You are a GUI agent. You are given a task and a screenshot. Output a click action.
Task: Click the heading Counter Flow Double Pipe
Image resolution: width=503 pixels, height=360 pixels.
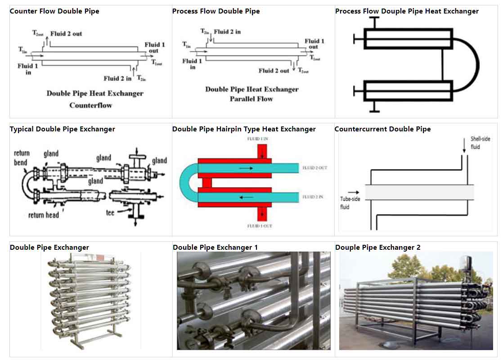[x=54, y=11]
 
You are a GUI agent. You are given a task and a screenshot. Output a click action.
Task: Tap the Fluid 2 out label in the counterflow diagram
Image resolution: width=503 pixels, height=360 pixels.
[x=66, y=34]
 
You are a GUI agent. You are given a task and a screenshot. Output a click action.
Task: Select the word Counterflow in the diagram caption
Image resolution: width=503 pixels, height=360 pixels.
[x=90, y=105]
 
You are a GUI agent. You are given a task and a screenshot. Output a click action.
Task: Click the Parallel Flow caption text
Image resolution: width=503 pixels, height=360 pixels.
[x=251, y=99]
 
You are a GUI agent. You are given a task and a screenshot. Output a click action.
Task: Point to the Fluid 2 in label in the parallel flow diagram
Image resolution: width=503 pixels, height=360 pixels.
[x=227, y=32]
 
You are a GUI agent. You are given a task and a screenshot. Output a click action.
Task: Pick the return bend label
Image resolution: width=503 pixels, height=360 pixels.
[x=21, y=158]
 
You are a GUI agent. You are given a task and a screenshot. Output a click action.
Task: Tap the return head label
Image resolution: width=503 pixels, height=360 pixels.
[x=43, y=215]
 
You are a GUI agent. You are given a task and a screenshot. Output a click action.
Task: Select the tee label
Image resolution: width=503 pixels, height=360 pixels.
[x=110, y=212]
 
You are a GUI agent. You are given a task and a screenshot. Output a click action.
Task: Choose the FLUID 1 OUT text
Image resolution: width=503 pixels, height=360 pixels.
[x=260, y=225]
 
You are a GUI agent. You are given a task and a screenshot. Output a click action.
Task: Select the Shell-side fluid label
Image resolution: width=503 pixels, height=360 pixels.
[x=480, y=143]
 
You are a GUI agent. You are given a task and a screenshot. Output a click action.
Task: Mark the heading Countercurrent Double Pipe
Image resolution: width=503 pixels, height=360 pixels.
[x=382, y=129]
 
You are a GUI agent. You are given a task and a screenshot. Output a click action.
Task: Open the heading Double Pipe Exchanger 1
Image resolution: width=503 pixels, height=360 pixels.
[x=215, y=247]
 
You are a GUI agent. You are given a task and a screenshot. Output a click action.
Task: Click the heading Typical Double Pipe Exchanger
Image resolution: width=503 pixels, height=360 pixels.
[x=63, y=129]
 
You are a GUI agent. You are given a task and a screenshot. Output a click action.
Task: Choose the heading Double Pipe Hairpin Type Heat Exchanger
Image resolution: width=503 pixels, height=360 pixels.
[x=244, y=129]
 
